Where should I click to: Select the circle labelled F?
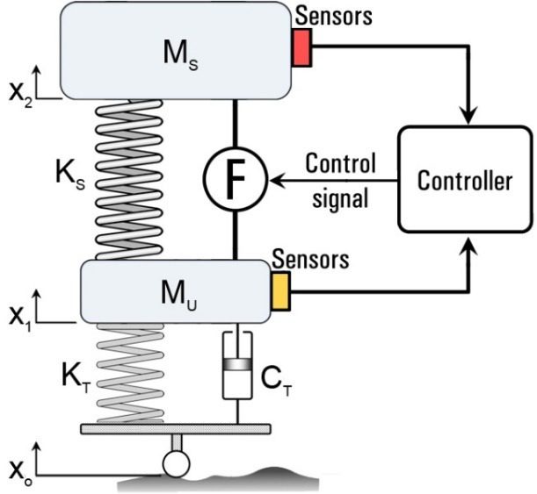pyautogui.click(x=236, y=180)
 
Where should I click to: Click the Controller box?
pyautogui.click(x=464, y=183)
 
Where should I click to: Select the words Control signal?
pyautogui.click(x=340, y=180)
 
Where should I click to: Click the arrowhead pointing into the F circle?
pyautogui.click(x=274, y=181)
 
